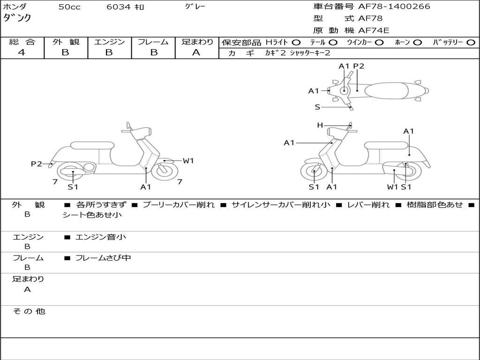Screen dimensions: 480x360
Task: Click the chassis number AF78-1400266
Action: tap(394, 7)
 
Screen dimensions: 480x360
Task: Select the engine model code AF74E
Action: tap(373, 31)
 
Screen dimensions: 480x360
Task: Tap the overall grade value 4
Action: tap(22, 52)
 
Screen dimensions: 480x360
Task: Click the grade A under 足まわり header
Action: tap(196, 52)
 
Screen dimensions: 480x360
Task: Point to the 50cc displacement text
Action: tap(69, 7)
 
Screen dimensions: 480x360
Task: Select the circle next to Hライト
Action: tap(296, 42)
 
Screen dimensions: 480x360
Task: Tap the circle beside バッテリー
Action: tap(470, 42)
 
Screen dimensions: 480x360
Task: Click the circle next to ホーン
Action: tap(417, 42)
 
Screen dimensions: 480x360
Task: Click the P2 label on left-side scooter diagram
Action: tap(36, 164)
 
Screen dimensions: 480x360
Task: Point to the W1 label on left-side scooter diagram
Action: tap(188, 161)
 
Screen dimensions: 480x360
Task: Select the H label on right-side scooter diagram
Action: tap(320, 125)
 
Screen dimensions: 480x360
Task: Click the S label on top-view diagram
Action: tap(317, 107)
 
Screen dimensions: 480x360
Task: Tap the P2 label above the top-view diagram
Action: tap(359, 66)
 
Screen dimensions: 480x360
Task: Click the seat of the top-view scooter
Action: tap(390, 90)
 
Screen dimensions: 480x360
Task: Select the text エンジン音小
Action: tap(101, 237)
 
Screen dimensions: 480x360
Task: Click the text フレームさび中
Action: tap(103, 258)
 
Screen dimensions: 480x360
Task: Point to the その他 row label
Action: tap(29, 311)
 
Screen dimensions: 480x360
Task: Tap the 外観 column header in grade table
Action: tap(66, 42)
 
